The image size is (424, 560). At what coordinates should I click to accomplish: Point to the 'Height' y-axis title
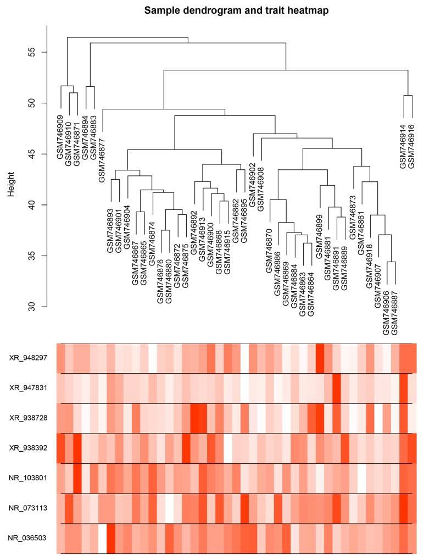(x=11, y=179)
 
